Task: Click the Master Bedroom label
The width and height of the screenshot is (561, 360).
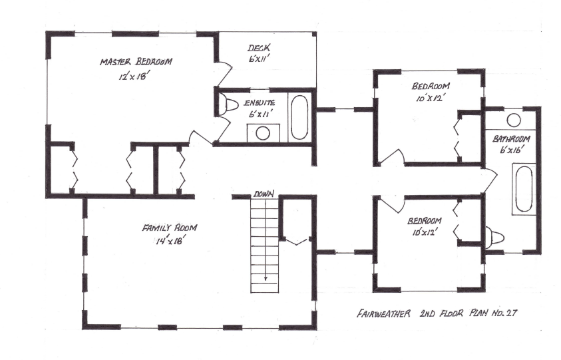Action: pyautogui.click(x=136, y=62)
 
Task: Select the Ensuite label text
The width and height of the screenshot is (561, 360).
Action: pyautogui.click(x=256, y=102)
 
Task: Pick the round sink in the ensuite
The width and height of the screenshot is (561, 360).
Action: pyautogui.click(x=264, y=132)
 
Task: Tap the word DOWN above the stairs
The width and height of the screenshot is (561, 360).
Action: pyautogui.click(x=262, y=195)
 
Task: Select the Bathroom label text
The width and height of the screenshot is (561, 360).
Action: pyautogui.click(x=511, y=139)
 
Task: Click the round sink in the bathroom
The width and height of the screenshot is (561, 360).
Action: pyautogui.click(x=514, y=120)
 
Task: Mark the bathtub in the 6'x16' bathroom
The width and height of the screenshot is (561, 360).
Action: pyautogui.click(x=522, y=189)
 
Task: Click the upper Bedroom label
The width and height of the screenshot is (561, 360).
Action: pyautogui.click(x=431, y=86)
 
